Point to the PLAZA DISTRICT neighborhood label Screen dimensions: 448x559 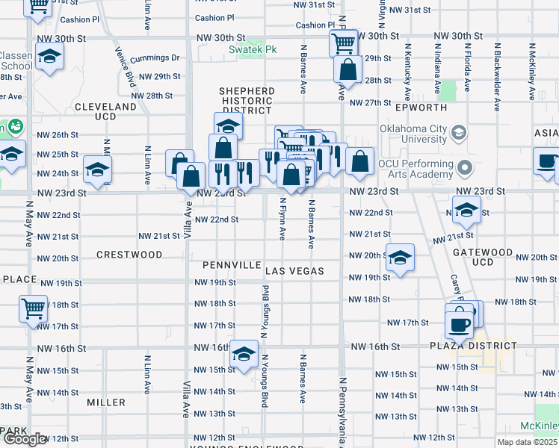[472, 346]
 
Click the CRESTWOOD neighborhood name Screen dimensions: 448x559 [129, 255]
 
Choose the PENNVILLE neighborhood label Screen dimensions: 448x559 [231, 266]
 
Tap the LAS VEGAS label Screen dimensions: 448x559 [294, 270]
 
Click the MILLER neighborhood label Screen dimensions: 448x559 [106, 402]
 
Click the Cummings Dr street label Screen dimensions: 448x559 [155, 58]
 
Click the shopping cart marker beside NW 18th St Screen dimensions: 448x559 [33, 308]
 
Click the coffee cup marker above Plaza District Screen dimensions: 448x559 [459, 324]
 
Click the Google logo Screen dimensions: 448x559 [25, 439]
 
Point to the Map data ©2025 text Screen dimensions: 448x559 [527, 442]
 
